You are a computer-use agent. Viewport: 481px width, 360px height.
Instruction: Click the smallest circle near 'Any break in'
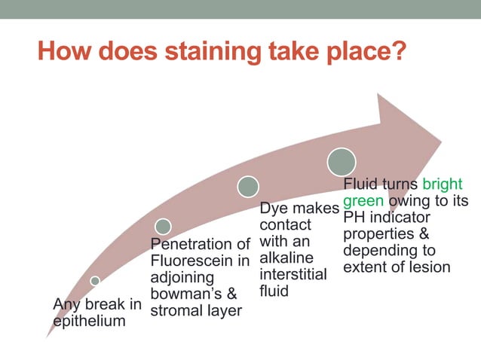coord(95,280)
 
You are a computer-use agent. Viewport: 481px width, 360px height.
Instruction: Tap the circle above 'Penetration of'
coord(163,225)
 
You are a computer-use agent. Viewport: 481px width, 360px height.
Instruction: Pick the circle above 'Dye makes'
coord(248,186)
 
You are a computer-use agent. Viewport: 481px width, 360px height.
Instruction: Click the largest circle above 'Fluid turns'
coord(342,161)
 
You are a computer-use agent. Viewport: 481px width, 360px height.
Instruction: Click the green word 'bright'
coord(443,185)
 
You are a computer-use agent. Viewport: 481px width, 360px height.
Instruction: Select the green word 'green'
coord(363,201)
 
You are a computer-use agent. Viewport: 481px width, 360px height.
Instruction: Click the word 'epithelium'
coord(89,321)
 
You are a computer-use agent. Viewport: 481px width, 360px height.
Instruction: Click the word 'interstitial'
coord(293,275)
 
